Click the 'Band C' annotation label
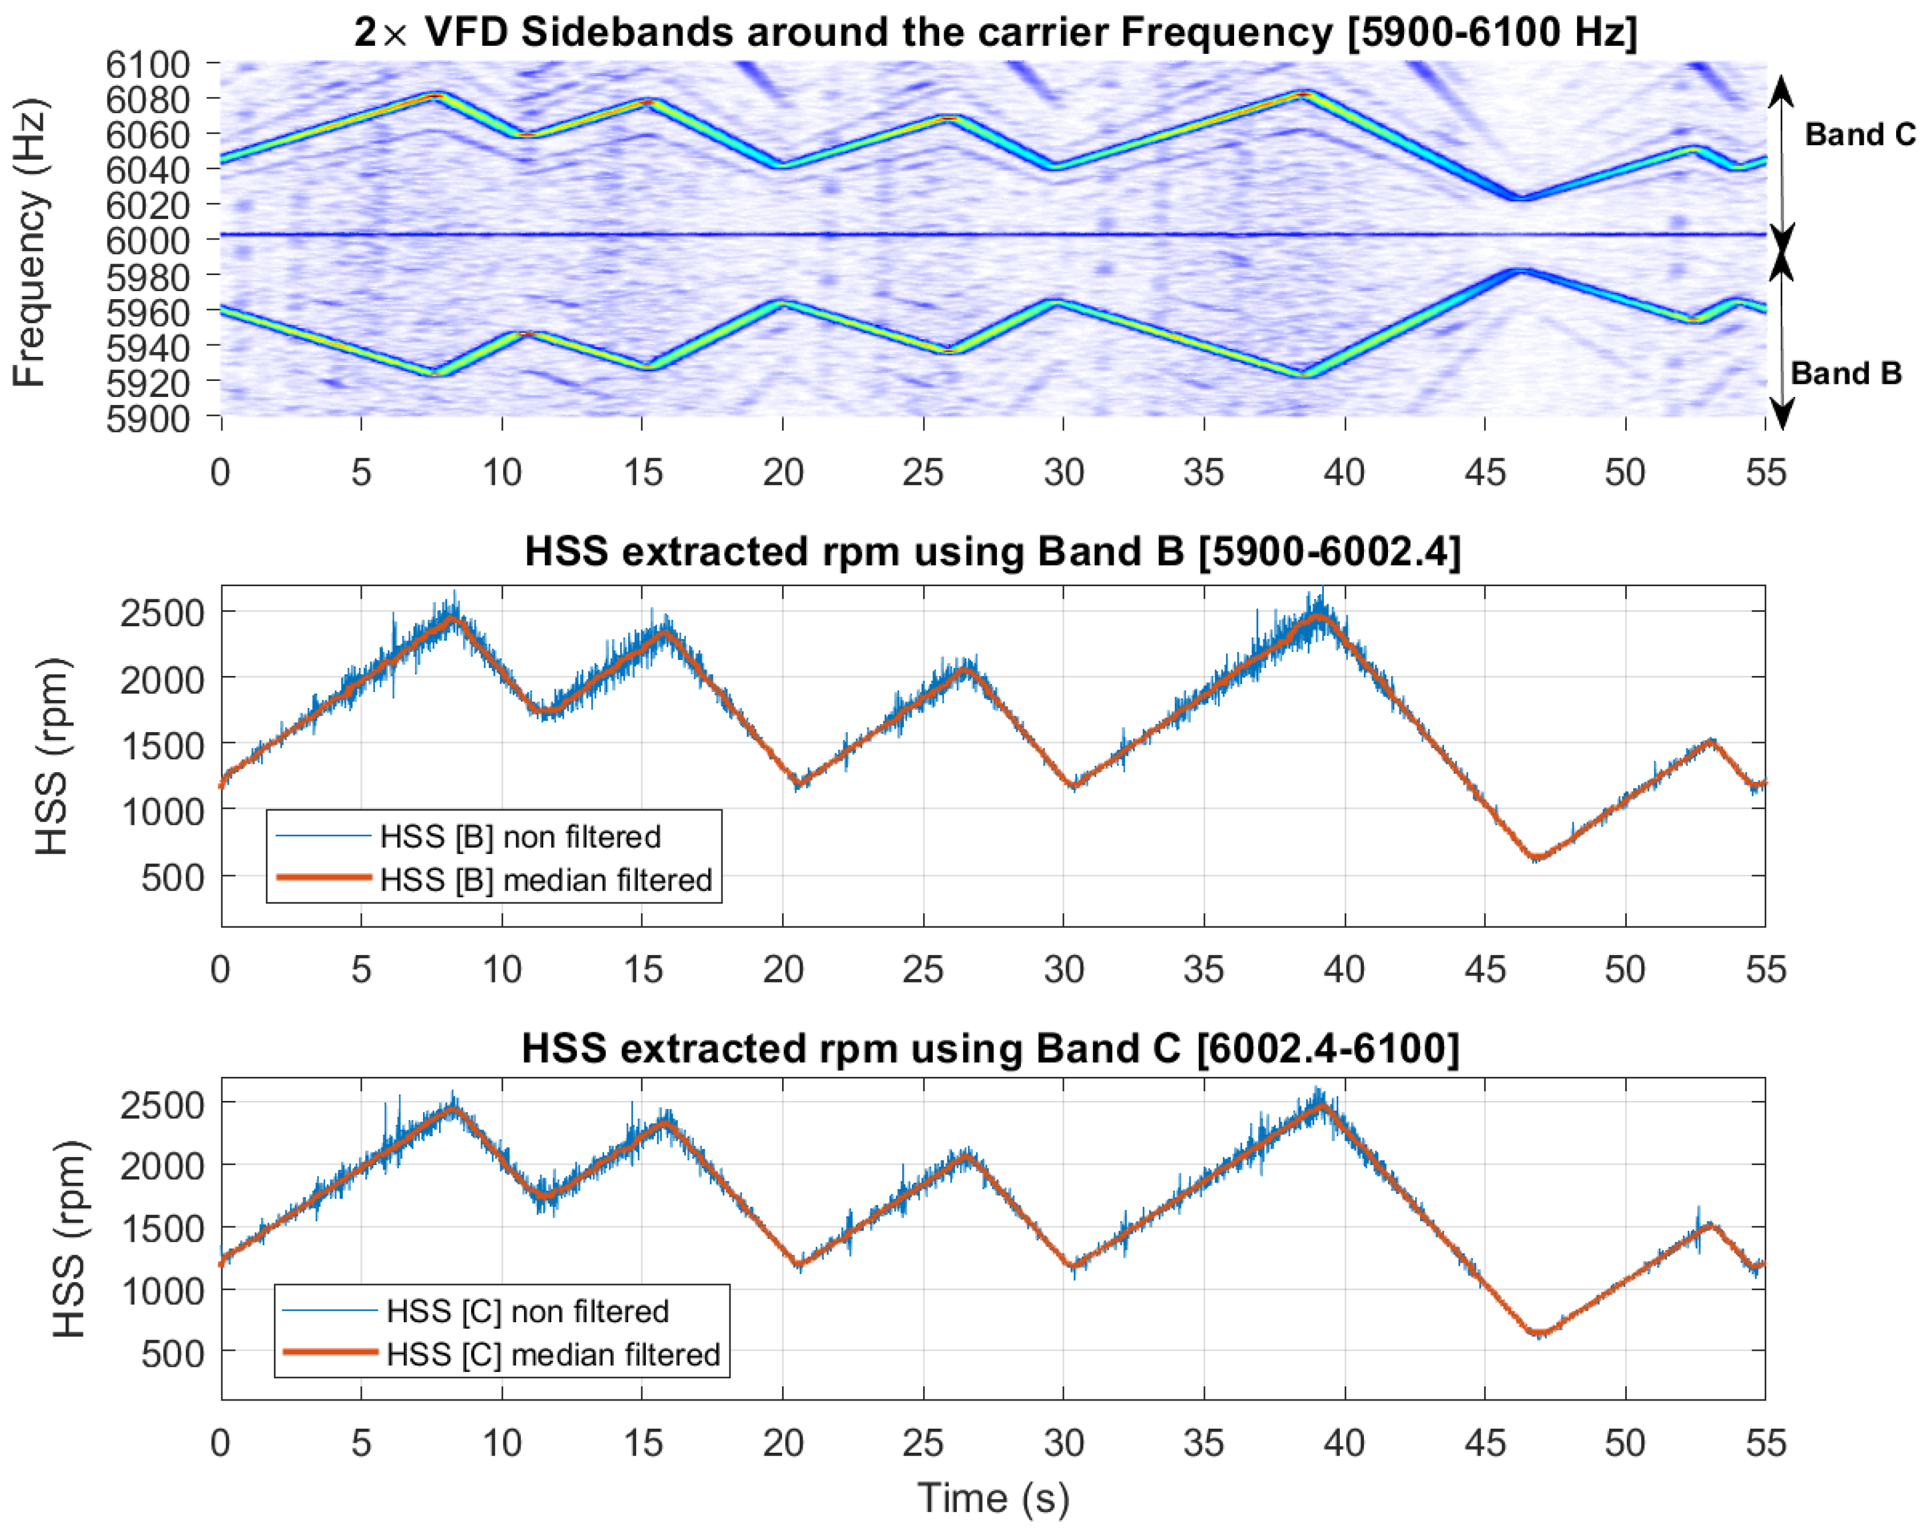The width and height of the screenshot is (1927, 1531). [x=1859, y=134]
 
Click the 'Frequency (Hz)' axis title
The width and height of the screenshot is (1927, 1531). [x=30, y=241]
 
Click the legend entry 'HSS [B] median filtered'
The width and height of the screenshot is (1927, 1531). [x=545, y=880]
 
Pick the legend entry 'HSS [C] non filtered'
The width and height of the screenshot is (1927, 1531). [x=527, y=1311]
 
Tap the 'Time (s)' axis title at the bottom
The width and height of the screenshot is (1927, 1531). [x=993, y=1497]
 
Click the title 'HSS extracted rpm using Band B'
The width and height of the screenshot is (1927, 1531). [x=992, y=552]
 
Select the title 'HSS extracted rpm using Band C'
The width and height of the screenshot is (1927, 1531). [x=990, y=1048]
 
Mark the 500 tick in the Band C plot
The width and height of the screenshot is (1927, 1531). [x=174, y=1353]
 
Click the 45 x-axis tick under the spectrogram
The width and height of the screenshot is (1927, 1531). [x=1485, y=471]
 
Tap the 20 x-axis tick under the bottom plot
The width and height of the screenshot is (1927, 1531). [x=783, y=1442]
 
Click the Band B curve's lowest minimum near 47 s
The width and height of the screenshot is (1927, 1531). [x=1537, y=857]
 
